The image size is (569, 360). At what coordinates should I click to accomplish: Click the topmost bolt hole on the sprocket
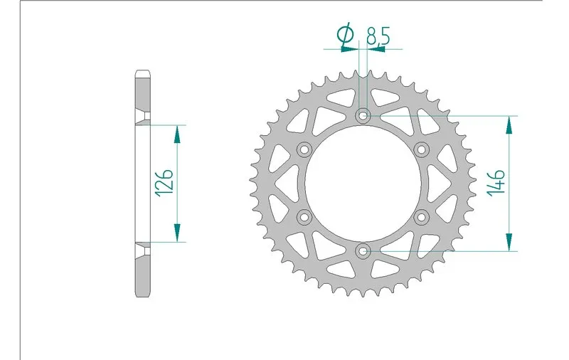tap(363, 115)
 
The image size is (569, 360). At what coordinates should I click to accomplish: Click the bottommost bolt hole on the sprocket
tap(363, 250)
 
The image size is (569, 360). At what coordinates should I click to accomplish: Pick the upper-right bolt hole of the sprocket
tap(422, 149)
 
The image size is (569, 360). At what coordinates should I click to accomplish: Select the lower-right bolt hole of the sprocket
tap(422, 216)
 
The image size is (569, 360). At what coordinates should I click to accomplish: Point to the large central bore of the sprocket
tap(363, 183)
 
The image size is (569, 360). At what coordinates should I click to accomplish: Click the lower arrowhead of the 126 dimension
tap(177, 233)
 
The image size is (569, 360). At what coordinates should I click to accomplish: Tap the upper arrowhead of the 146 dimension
tap(509, 125)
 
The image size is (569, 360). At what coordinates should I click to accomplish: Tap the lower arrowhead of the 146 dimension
tap(509, 241)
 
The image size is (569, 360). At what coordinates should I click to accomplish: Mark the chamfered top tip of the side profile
tap(142, 73)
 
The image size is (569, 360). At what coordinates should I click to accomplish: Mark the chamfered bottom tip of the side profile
tap(142, 294)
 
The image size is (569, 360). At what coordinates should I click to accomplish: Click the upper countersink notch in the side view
tap(143, 118)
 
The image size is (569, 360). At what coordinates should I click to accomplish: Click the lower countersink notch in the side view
tap(143, 249)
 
